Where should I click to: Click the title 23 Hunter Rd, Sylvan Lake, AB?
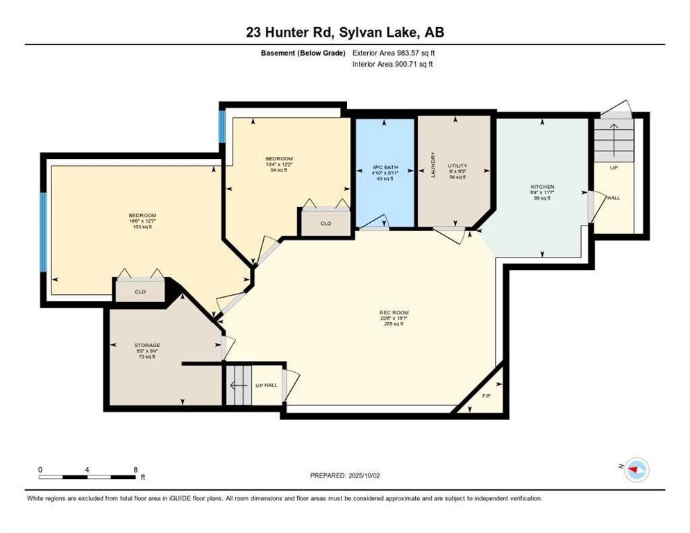tap(344, 32)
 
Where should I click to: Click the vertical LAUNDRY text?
tap(432, 165)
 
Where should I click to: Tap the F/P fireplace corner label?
tap(487, 397)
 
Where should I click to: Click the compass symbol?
tap(635, 470)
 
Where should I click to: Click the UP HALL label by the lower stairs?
tap(265, 385)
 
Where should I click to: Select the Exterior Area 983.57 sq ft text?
tap(394, 53)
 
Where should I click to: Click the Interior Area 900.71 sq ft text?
tap(394, 65)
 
